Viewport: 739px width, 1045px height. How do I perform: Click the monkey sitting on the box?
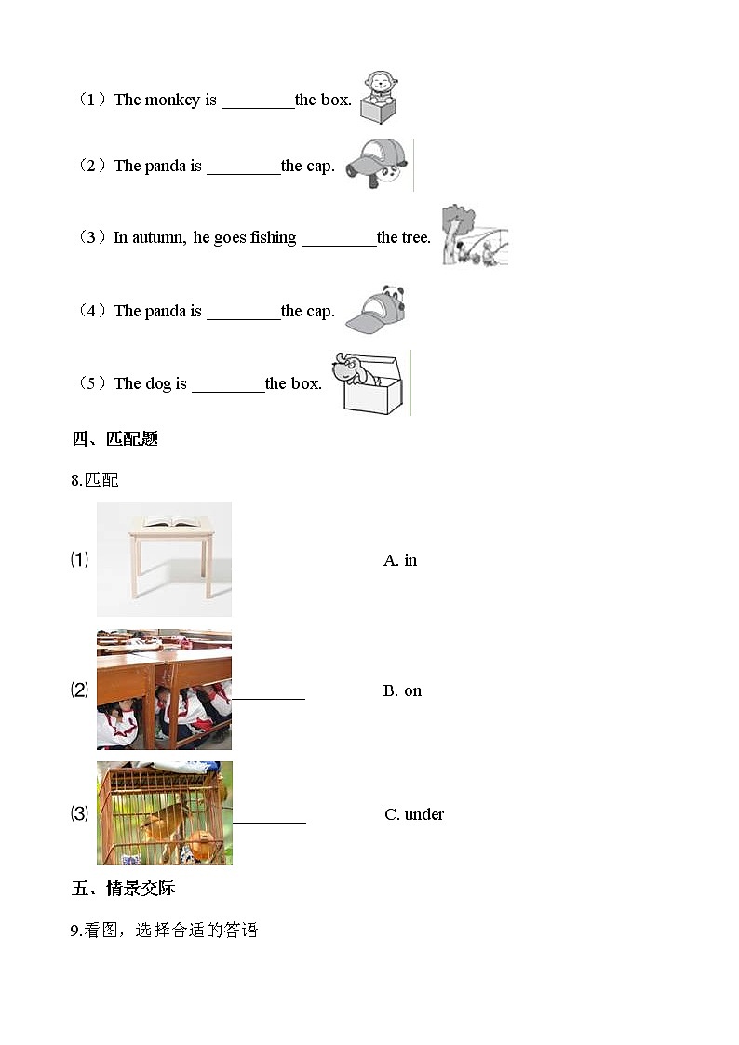point(378,86)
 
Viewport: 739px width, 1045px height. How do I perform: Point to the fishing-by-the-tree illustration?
point(475,235)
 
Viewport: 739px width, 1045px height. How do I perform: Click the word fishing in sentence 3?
point(273,237)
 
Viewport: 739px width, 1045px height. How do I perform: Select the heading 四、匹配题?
point(114,438)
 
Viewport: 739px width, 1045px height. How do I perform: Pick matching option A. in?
point(400,560)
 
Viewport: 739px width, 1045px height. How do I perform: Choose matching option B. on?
point(402,690)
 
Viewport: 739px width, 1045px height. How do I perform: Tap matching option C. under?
point(414,814)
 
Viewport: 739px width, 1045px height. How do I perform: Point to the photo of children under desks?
point(164,690)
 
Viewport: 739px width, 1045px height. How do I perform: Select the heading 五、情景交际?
point(123,889)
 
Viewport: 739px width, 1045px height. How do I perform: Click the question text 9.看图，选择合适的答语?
point(164,930)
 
